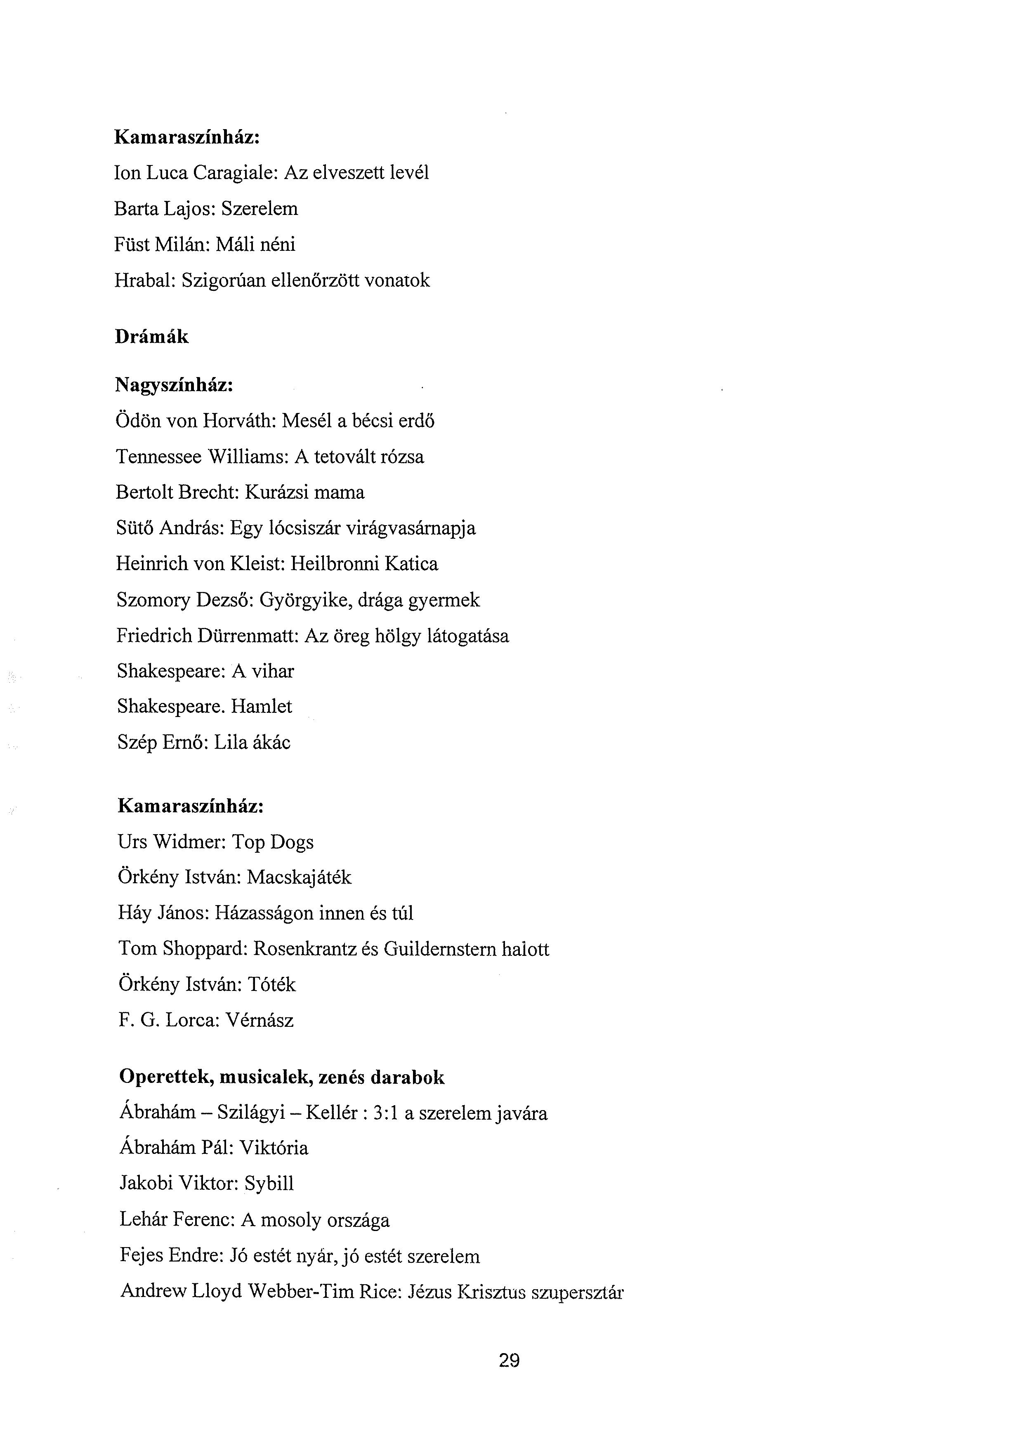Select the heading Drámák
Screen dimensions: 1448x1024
point(151,337)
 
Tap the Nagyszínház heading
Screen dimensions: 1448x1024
point(175,385)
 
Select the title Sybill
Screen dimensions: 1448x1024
point(269,1184)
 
